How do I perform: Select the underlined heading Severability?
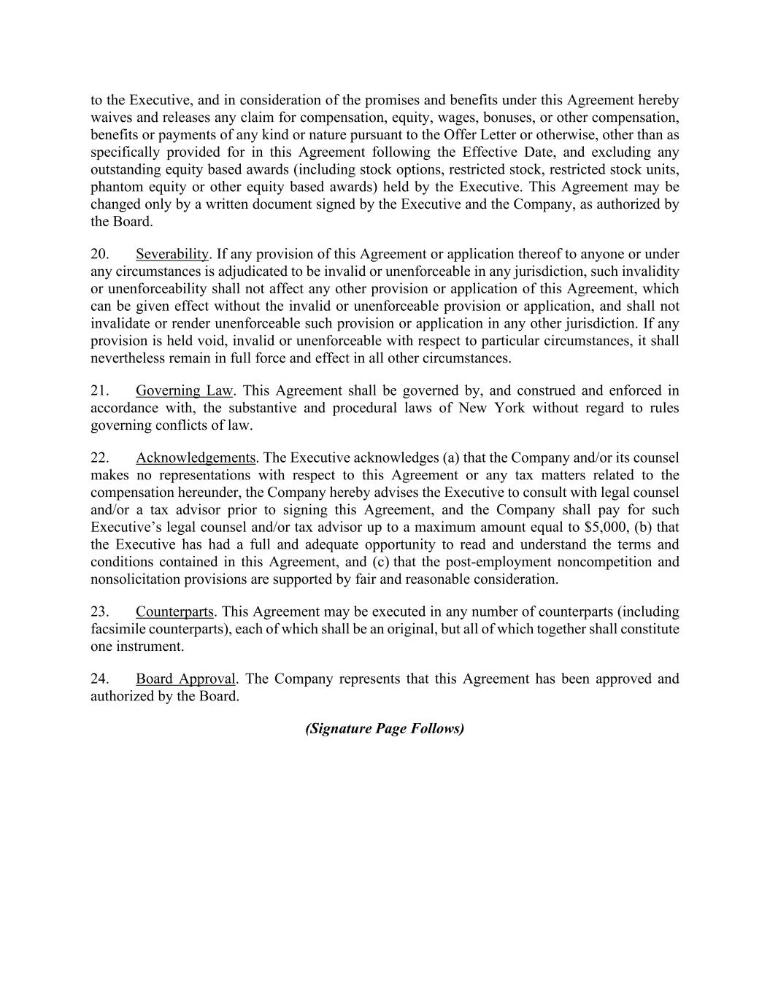click(172, 254)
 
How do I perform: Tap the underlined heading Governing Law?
click(184, 390)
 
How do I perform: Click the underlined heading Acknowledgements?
click(196, 458)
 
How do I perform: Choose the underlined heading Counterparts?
click(174, 611)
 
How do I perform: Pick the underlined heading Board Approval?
click(185, 679)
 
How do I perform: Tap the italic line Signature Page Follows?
click(385, 728)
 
